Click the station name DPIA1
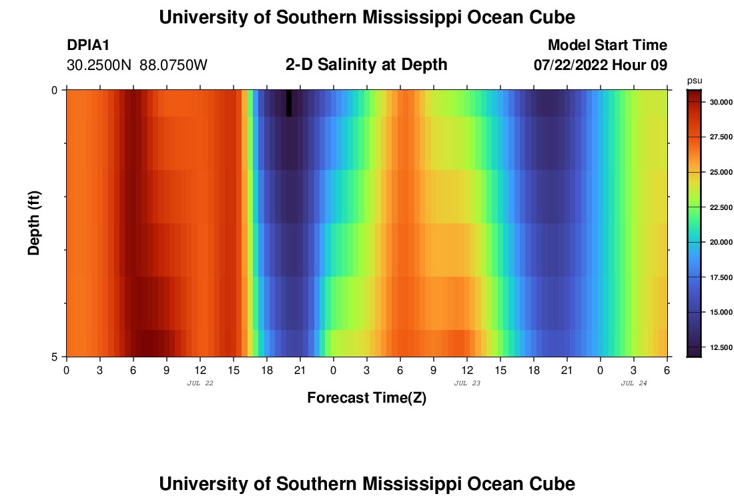pos(88,45)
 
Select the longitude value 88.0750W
pos(173,65)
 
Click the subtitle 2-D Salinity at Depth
pos(366,65)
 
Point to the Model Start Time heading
pos(607,45)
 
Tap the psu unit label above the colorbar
pos(693,80)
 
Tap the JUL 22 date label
pos(200,383)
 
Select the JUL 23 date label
pos(467,383)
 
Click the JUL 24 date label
pos(634,383)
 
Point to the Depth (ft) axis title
pos(35,223)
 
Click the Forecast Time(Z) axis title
pos(366,398)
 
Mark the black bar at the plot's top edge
pos(289,103)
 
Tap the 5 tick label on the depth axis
pos(55,357)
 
